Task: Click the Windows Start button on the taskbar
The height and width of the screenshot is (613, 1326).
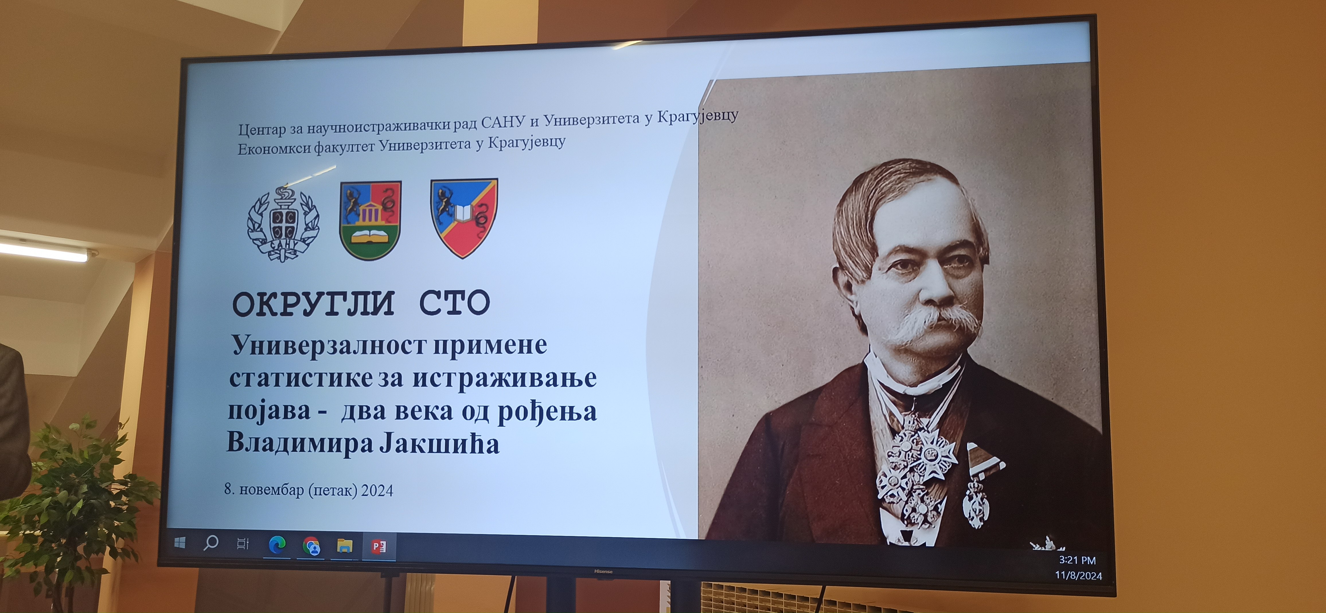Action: (180, 542)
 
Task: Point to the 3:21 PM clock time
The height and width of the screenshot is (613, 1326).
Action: (1077, 560)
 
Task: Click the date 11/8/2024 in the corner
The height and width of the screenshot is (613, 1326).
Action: (1079, 575)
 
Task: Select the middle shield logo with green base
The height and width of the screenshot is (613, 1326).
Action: (370, 220)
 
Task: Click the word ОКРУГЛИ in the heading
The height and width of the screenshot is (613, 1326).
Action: (313, 303)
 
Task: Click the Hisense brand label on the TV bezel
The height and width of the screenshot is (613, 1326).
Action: (603, 571)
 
